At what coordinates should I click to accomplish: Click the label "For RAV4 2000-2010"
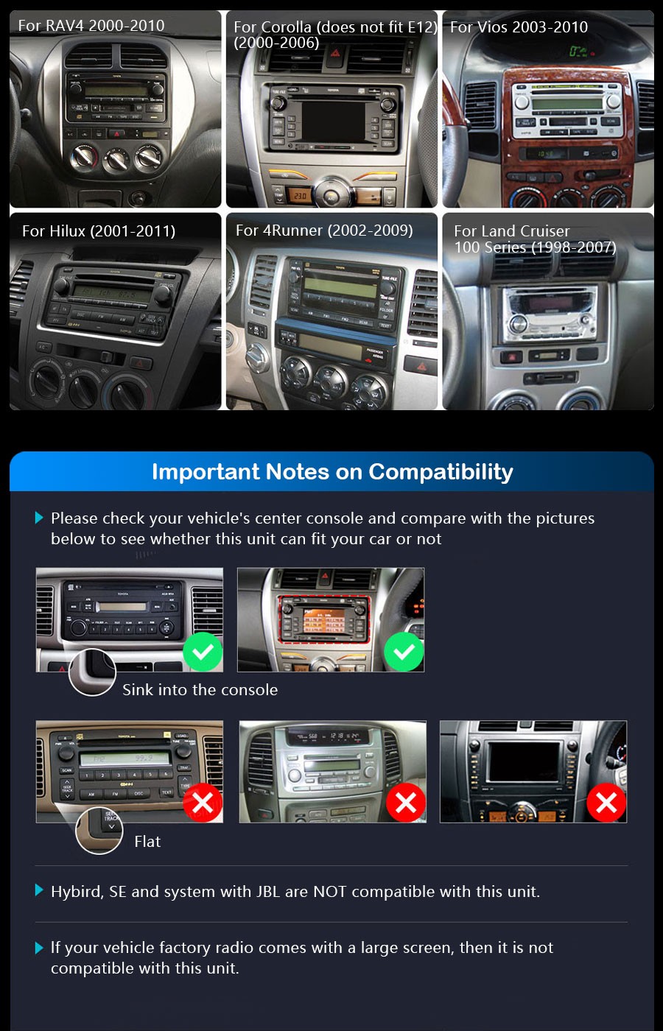pos(91,26)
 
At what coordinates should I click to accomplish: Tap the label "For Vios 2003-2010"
pos(519,27)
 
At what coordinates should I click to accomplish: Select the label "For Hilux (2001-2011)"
pos(99,231)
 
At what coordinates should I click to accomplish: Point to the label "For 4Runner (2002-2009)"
pos(324,231)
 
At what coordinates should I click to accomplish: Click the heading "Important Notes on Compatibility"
pos(332,472)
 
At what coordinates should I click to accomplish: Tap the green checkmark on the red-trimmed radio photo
pos(404,652)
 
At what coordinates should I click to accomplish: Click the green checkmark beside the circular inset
pos(203,652)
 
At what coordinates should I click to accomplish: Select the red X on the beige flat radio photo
pos(203,803)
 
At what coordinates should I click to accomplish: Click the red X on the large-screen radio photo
pos(606,803)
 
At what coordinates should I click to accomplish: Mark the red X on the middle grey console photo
pos(406,803)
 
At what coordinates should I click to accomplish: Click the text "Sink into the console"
pos(200,690)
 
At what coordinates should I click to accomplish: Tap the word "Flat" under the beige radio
pos(147,842)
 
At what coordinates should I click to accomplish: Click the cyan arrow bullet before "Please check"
pos(40,518)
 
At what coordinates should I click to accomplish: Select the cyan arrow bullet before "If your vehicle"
pos(40,948)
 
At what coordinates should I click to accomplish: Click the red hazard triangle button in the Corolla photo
pos(335,53)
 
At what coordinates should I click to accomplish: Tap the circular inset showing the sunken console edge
pos(92,672)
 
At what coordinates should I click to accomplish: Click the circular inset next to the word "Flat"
pos(99,830)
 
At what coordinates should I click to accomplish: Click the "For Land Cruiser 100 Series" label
pos(535,239)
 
